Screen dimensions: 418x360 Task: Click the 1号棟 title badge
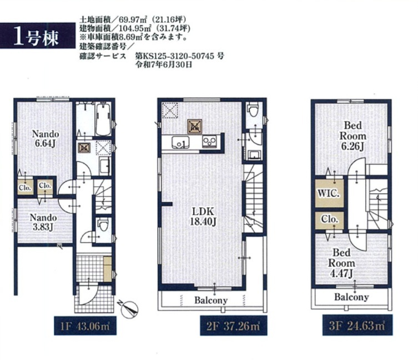pyautogui.click(x=37, y=36)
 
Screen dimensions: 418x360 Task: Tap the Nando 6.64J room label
pyautogui.click(x=46, y=138)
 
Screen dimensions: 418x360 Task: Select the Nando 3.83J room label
pyautogui.click(x=43, y=222)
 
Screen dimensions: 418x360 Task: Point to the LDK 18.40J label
pyautogui.click(x=203, y=216)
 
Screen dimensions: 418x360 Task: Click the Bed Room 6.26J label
pyautogui.click(x=352, y=136)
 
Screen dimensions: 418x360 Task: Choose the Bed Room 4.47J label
pyautogui.click(x=341, y=263)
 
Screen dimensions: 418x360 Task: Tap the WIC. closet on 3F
pyautogui.click(x=329, y=193)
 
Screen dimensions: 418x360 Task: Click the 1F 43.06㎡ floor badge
pyautogui.click(x=85, y=326)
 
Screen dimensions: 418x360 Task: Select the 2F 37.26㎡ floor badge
pyautogui.click(x=234, y=326)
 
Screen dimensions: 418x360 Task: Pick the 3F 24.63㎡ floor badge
pyautogui.click(x=357, y=326)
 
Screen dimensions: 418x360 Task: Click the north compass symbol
pyautogui.click(x=129, y=308)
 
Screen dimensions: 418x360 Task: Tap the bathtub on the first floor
pyautogui.click(x=103, y=119)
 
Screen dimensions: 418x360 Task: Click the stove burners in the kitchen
pyautogui.click(x=209, y=142)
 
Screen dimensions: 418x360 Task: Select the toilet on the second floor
pyautogui.click(x=253, y=109)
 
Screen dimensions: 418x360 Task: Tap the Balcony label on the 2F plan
pyautogui.click(x=211, y=301)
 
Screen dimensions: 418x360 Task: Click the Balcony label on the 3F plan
pyautogui.click(x=351, y=297)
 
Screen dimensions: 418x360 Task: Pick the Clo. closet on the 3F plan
pyautogui.click(x=329, y=220)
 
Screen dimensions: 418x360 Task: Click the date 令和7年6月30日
pyautogui.click(x=164, y=64)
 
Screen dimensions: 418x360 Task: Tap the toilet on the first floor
pyautogui.click(x=103, y=224)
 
